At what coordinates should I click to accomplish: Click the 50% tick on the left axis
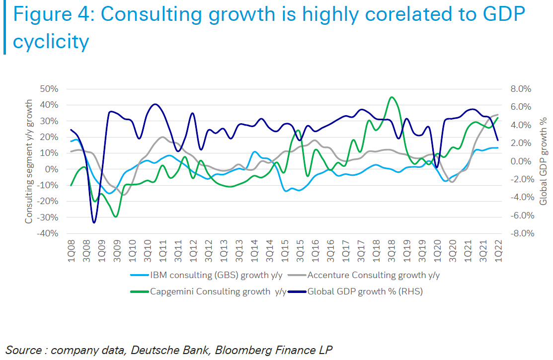click(x=49, y=89)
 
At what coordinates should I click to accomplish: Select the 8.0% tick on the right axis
click(x=521, y=89)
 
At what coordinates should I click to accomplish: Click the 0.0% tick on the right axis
click(x=521, y=161)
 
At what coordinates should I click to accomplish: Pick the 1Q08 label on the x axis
click(x=71, y=249)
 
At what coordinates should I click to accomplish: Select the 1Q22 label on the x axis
click(x=498, y=249)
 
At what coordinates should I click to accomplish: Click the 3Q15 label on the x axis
click(x=300, y=249)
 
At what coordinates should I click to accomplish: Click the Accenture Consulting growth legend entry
click(x=373, y=275)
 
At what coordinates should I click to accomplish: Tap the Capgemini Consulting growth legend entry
click(x=218, y=291)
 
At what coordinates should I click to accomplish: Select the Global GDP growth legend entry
click(x=365, y=291)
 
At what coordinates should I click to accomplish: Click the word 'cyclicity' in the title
click(x=51, y=41)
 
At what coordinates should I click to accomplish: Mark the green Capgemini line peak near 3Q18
click(x=392, y=97)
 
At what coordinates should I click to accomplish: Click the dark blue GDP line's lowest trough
click(x=93, y=222)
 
